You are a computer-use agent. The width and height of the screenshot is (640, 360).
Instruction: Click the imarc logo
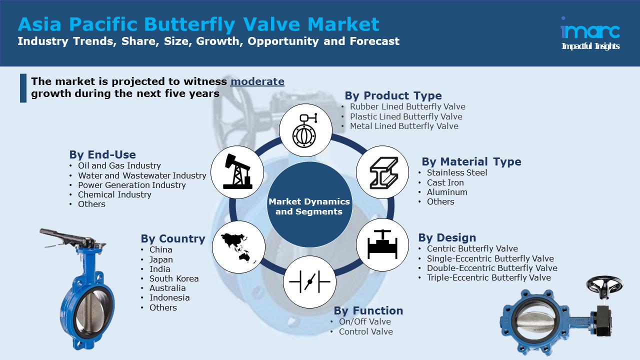[590, 33]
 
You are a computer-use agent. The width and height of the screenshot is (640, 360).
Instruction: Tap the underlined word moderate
[257, 81]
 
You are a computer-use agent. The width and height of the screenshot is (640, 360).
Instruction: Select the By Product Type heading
[393, 95]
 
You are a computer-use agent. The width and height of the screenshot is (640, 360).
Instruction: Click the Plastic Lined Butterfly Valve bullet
[406, 116]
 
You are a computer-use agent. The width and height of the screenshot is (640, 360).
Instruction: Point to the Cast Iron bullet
[445, 182]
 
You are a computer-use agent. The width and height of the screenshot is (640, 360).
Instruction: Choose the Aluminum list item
[447, 192]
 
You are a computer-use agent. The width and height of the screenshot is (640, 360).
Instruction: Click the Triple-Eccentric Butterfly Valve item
[489, 277]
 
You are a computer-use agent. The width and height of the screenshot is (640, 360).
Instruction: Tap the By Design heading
[447, 237]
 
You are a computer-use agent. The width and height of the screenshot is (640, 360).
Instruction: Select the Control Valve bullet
[365, 331]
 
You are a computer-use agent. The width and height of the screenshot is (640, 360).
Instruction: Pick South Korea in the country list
[174, 278]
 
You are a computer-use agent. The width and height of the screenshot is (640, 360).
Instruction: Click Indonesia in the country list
[169, 297]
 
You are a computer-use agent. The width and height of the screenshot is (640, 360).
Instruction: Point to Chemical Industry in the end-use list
[114, 194]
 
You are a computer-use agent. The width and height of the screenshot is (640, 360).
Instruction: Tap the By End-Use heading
[102, 154]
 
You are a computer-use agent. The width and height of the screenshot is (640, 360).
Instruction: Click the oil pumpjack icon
[237, 172]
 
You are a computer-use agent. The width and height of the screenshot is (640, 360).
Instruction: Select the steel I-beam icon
[383, 172]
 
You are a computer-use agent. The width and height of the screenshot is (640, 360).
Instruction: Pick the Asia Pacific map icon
[238, 247]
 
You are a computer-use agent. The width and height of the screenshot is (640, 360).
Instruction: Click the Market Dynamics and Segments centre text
[309, 206]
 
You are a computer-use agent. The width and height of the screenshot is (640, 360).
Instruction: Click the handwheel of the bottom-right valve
[604, 285]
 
